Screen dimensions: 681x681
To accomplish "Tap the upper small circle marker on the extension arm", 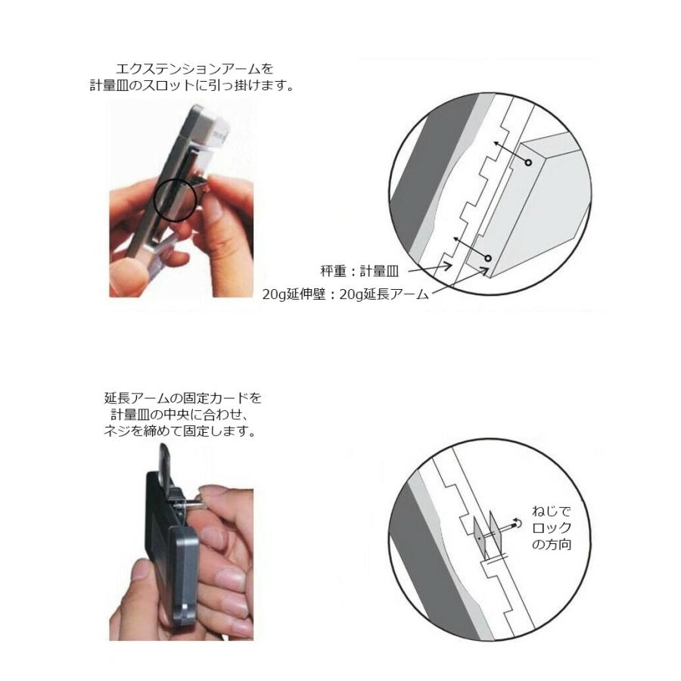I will pos(528,163).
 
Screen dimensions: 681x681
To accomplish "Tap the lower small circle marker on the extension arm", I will pos(488,259).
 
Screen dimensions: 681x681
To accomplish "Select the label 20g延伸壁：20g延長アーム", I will pos(346,294).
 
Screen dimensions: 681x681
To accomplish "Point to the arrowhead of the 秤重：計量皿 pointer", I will pos(451,266).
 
